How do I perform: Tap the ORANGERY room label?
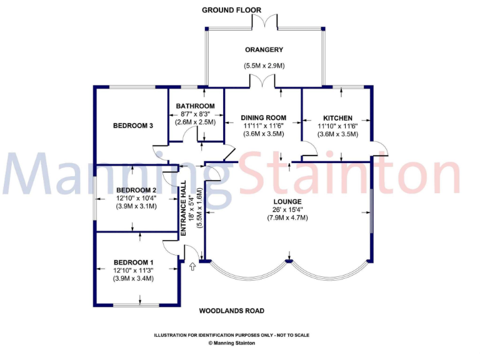264,50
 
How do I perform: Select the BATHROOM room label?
195,106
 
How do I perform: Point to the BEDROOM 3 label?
133,126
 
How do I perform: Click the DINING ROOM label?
264,117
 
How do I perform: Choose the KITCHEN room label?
337,118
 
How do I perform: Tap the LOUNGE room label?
288,201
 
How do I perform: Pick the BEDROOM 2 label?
136,190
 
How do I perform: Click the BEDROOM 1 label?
133,262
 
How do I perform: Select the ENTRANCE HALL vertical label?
184,208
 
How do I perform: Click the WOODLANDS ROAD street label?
231,311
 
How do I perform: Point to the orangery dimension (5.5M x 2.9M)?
264,66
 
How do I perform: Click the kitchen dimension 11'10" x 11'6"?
337,126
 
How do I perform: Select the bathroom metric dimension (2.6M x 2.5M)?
195,122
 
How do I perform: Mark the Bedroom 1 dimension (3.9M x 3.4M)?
133,278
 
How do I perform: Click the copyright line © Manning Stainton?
232,342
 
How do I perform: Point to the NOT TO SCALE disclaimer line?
232,335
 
